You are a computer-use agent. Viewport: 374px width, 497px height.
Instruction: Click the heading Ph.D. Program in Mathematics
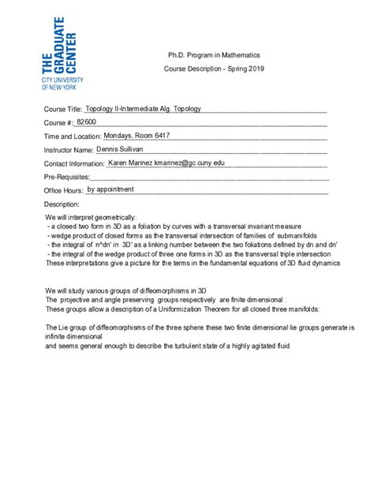(214, 55)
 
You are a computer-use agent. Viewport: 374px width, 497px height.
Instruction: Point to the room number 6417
(179, 136)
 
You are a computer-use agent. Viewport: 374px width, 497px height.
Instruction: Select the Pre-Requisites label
(66, 177)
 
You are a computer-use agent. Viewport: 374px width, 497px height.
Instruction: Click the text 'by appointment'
(110, 189)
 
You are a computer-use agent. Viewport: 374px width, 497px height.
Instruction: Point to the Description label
(62, 204)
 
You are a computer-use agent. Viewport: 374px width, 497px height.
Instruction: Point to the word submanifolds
(296, 235)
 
